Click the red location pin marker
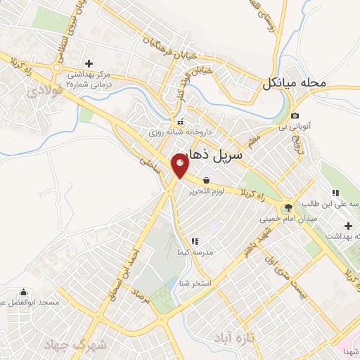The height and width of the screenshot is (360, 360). tap(180, 166)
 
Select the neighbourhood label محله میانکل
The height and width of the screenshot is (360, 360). tap(295, 83)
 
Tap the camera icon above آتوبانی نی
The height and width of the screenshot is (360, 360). tap(295, 116)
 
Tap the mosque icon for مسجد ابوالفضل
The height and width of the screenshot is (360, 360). tap(24, 292)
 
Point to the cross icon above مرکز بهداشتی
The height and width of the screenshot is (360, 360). tap(89, 64)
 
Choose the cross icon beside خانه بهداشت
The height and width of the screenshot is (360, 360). tap(348, 225)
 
